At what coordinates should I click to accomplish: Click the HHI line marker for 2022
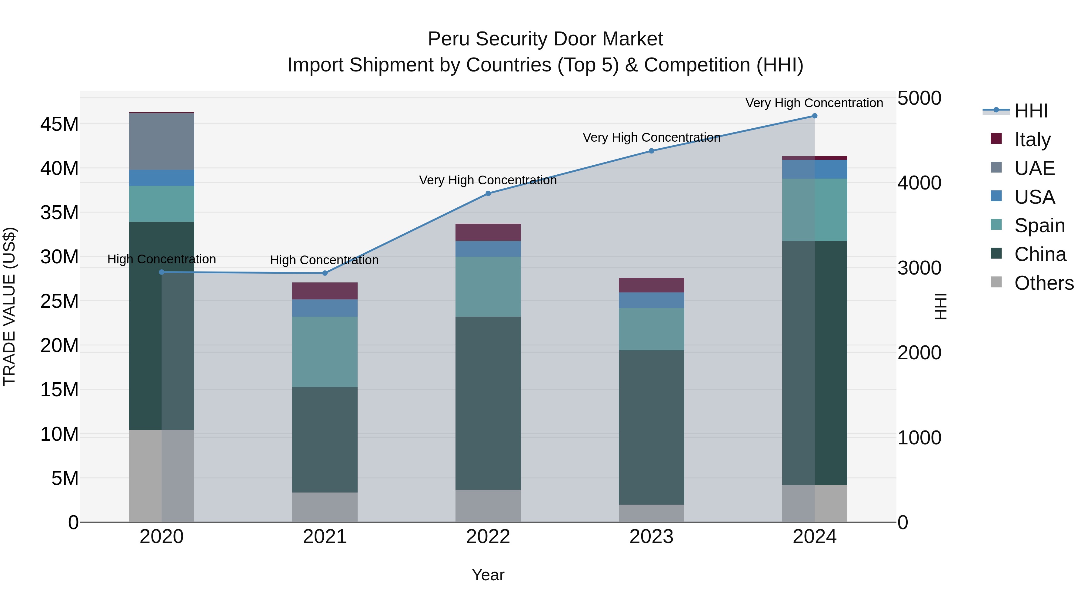tap(488, 193)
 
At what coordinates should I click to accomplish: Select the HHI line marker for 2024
tap(814, 116)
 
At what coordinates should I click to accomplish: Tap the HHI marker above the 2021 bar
tap(325, 273)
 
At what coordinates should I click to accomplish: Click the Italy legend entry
tap(1032, 139)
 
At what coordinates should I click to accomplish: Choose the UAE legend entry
tap(1034, 168)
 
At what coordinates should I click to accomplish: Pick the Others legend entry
tap(1043, 283)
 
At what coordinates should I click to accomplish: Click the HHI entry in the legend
tap(1030, 111)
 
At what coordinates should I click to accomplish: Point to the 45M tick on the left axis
tap(59, 124)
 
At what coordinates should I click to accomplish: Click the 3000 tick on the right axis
tap(919, 268)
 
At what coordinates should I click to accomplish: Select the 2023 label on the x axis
tap(651, 536)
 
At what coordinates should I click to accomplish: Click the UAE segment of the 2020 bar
tap(161, 142)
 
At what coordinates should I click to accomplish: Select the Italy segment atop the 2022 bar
tap(488, 232)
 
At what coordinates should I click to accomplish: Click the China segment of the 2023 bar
tap(651, 427)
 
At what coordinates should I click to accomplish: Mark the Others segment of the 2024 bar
tap(814, 503)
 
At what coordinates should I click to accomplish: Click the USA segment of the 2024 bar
tap(814, 169)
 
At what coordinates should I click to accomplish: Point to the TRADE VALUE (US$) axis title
tap(9, 306)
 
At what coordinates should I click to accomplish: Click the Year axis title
tap(488, 575)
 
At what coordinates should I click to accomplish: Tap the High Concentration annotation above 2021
tap(324, 260)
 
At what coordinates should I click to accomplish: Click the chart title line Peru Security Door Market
tap(545, 39)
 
